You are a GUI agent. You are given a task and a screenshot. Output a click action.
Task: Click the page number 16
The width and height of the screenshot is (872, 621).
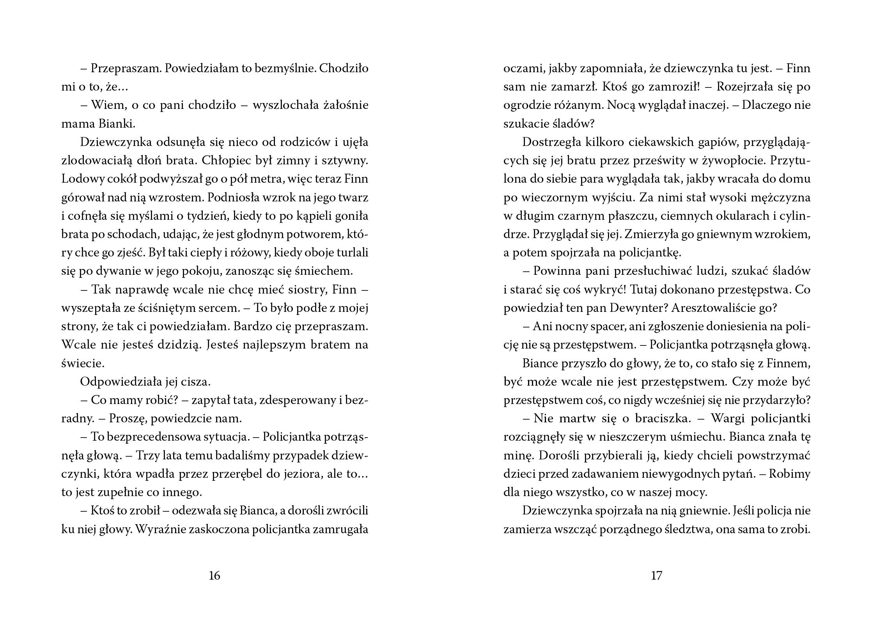tap(214, 576)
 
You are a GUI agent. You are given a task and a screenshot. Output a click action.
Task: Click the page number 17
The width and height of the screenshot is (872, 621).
tap(657, 576)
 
